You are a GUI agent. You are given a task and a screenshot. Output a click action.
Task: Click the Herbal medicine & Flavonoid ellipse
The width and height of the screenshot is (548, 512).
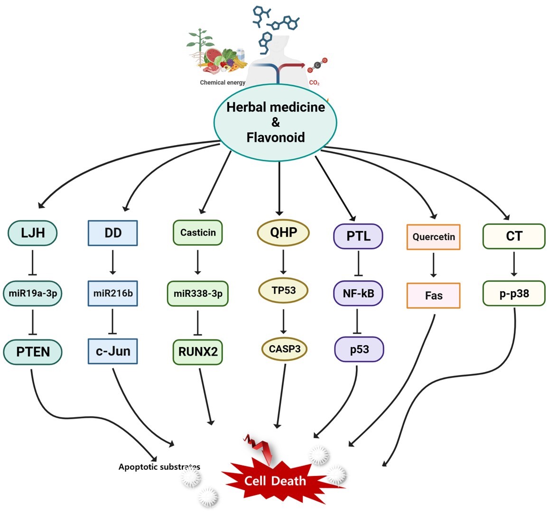coord(275,122)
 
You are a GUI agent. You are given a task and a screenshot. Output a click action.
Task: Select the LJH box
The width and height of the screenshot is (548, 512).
coord(33,233)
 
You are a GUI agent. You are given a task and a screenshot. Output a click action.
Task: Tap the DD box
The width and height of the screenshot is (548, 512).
coord(113,233)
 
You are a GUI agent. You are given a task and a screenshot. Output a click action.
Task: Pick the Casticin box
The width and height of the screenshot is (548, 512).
coord(198,233)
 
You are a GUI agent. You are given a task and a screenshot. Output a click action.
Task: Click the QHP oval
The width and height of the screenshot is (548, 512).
coord(283,232)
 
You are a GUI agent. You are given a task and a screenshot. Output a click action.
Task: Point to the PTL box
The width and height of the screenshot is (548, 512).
coord(358,236)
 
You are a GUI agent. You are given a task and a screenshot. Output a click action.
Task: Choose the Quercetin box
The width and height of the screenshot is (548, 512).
coord(433,237)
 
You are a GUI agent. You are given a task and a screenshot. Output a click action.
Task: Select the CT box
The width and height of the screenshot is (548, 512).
coord(514,236)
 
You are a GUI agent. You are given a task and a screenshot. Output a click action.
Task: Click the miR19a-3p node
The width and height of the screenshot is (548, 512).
coord(33,293)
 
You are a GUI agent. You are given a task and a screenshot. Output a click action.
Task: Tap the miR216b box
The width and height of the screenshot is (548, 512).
coord(113,293)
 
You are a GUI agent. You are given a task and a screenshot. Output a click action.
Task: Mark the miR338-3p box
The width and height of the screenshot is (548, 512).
coord(198,293)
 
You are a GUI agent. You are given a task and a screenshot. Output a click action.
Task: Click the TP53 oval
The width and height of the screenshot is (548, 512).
coord(284,290)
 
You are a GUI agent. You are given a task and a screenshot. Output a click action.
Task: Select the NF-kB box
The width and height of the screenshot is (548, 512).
coord(358,293)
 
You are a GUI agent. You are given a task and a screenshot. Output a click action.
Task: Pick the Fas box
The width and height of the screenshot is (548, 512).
coord(434,296)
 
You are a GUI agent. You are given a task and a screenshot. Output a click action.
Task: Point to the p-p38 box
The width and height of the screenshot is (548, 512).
coord(514,293)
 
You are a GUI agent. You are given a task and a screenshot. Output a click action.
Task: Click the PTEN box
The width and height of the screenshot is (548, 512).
coord(33,352)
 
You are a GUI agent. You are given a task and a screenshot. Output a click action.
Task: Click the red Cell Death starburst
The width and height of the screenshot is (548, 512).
coord(275,480)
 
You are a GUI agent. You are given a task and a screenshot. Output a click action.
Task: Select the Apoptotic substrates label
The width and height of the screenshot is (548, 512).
coord(159,467)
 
